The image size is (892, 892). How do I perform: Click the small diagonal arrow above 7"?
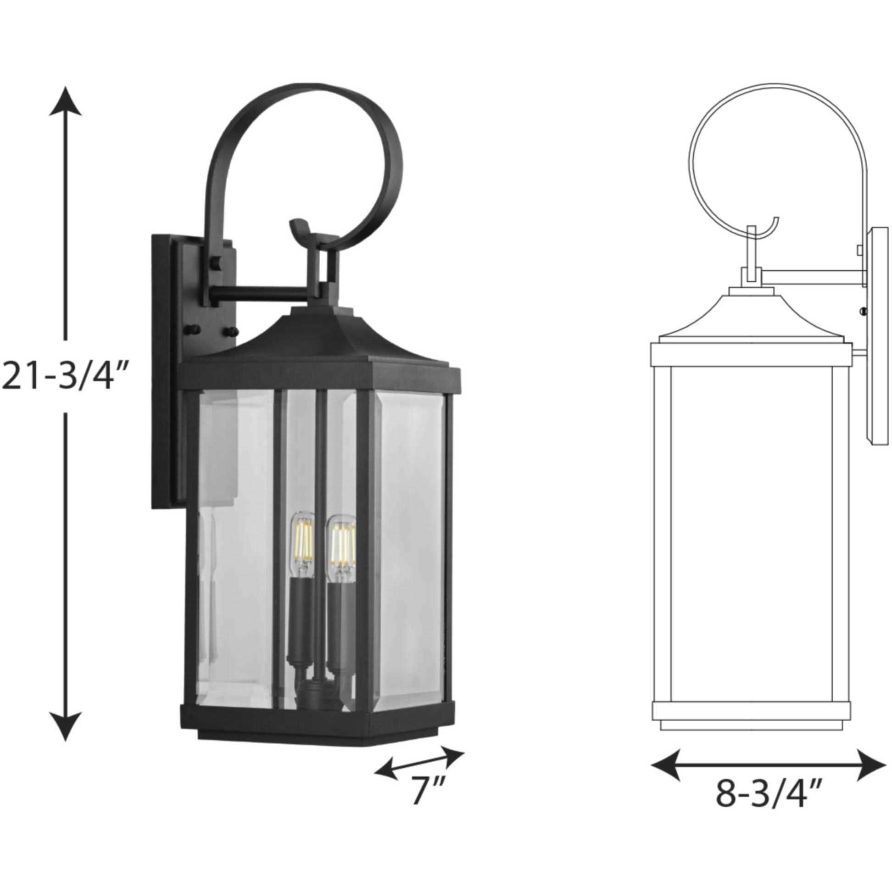coord(419,754)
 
